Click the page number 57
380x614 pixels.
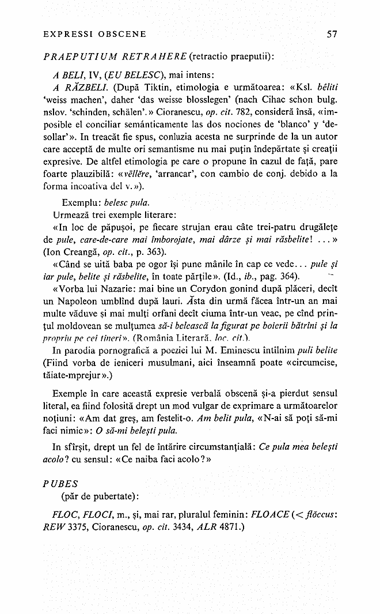331,34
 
